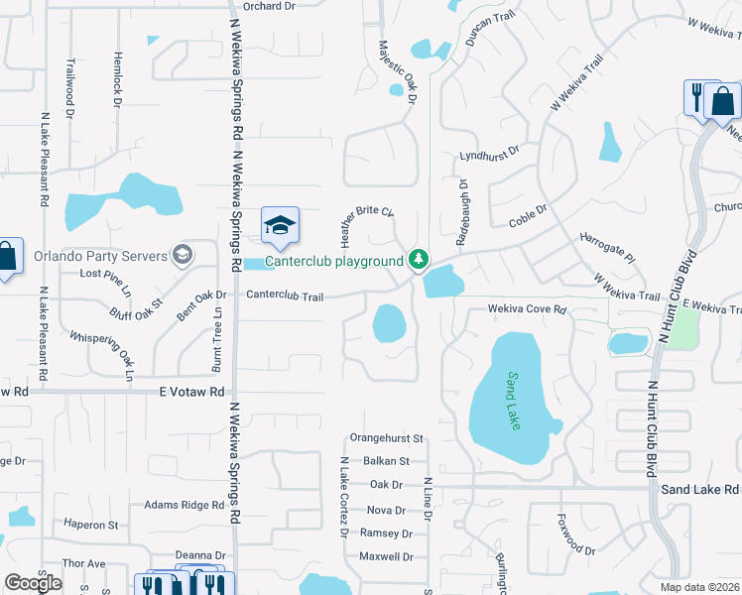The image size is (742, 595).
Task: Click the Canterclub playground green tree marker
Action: tap(420, 260)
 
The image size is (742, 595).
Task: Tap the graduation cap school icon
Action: tap(280, 224)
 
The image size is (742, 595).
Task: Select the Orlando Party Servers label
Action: tap(99, 256)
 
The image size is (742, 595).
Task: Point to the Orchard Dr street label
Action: tap(269, 6)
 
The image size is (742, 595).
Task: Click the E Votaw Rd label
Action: tap(192, 392)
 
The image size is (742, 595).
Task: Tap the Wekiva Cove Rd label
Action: tap(526, 309)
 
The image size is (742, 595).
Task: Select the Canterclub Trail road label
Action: tap(285, 295)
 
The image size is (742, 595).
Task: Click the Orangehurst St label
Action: tap(387, 437)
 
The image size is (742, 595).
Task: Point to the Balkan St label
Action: tap(385, 461)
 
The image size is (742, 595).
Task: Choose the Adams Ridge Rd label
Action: tap(184, 505)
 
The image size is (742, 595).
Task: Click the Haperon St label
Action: tap(90, 525)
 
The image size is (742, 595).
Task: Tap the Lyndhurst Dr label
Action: tap(490, 156)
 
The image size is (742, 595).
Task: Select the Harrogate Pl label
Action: tap(607, 249)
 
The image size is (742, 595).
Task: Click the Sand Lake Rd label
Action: tap(699, 490)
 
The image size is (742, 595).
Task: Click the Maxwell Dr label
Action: tap(385, 557)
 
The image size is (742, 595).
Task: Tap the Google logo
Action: tap(33, 584)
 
